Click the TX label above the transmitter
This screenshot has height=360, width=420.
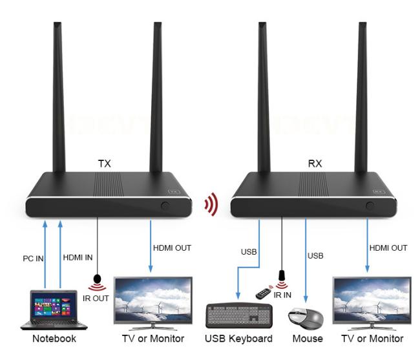point(104,164)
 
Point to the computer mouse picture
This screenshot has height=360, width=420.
point(306,317)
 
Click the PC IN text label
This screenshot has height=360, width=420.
point(30,259)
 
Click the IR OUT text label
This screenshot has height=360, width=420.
point(97,298)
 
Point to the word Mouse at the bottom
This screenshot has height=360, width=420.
point(307,339)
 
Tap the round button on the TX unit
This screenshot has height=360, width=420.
point(165,207)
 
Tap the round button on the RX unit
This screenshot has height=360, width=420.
point(370,207)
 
